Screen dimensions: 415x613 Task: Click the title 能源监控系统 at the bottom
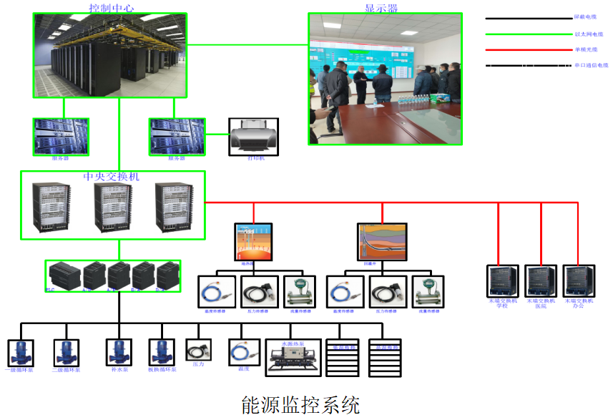[300, 404]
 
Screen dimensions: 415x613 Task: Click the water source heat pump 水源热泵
[293, 358]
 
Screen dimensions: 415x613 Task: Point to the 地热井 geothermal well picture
[253, 241]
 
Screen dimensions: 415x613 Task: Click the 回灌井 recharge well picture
[382, 241]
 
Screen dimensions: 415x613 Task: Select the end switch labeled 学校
[502, 282]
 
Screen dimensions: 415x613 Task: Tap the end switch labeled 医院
[541, 282]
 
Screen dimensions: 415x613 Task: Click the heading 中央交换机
[112, 177]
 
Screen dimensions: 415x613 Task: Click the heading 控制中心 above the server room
[111, 8]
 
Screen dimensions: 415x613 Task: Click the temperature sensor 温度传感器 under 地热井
[216, 292]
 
